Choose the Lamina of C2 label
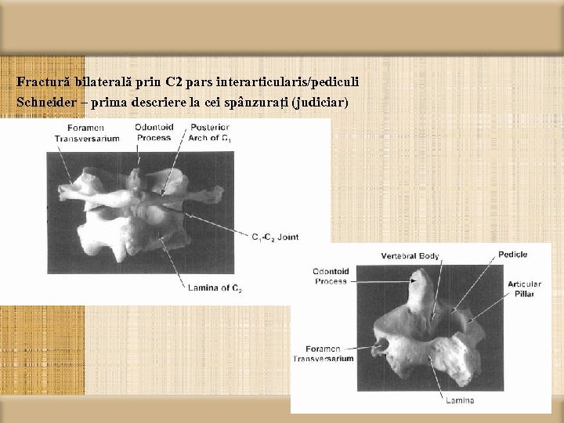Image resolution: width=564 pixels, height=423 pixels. point(215,288)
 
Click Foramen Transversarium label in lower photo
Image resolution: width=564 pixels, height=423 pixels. point(323,353)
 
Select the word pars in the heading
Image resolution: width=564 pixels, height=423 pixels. point(201,81)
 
